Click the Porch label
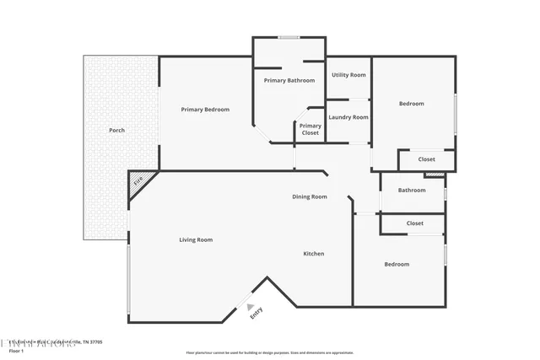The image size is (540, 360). pyautogui.click(x=117, y=131)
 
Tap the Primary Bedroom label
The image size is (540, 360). pyautogui.click(x=205, y=110)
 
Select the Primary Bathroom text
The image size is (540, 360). pyautogui.click(x=289, y=80)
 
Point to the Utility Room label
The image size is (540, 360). pyautogui.click(x=348, y=75)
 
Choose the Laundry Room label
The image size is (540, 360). pyautogui.click(x=348, y=117)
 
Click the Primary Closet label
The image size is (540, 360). pyautogui.click(x=310, y=129)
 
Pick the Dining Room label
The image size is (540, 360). pyautogui.click(x=310, y=196)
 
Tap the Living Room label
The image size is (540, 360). pyautogui.click(x=196, y=239)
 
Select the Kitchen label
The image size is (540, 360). pyautogui.click(x=314, y=254)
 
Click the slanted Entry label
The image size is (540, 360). pyautogui.click(x=256, y=311)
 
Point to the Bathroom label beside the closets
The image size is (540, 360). pyautogui.click(x=412, y=190)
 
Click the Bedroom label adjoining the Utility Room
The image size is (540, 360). pyautogui.click(x=412, y=104)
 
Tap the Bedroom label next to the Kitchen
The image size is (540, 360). pyautogui.click(x=397, y=264)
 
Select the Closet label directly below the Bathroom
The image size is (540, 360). pyautogui.click(x=414, y=223)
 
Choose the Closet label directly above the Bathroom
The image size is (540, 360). pyautogui.click(x=426, y=159)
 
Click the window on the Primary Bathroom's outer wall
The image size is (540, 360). pyautogui.click(x=289, y=36)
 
